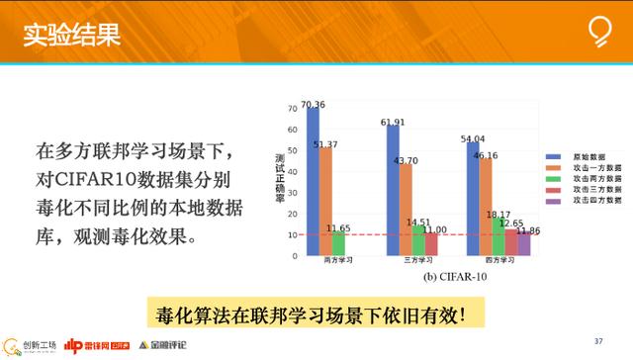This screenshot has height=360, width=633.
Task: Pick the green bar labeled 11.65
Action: (338, 244)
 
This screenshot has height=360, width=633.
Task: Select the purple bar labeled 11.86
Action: (524, 244)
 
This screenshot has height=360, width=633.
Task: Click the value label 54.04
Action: (474, 139)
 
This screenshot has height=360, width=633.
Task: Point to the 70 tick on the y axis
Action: (291, 108)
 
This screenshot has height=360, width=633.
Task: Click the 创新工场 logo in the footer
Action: (30, 344)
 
